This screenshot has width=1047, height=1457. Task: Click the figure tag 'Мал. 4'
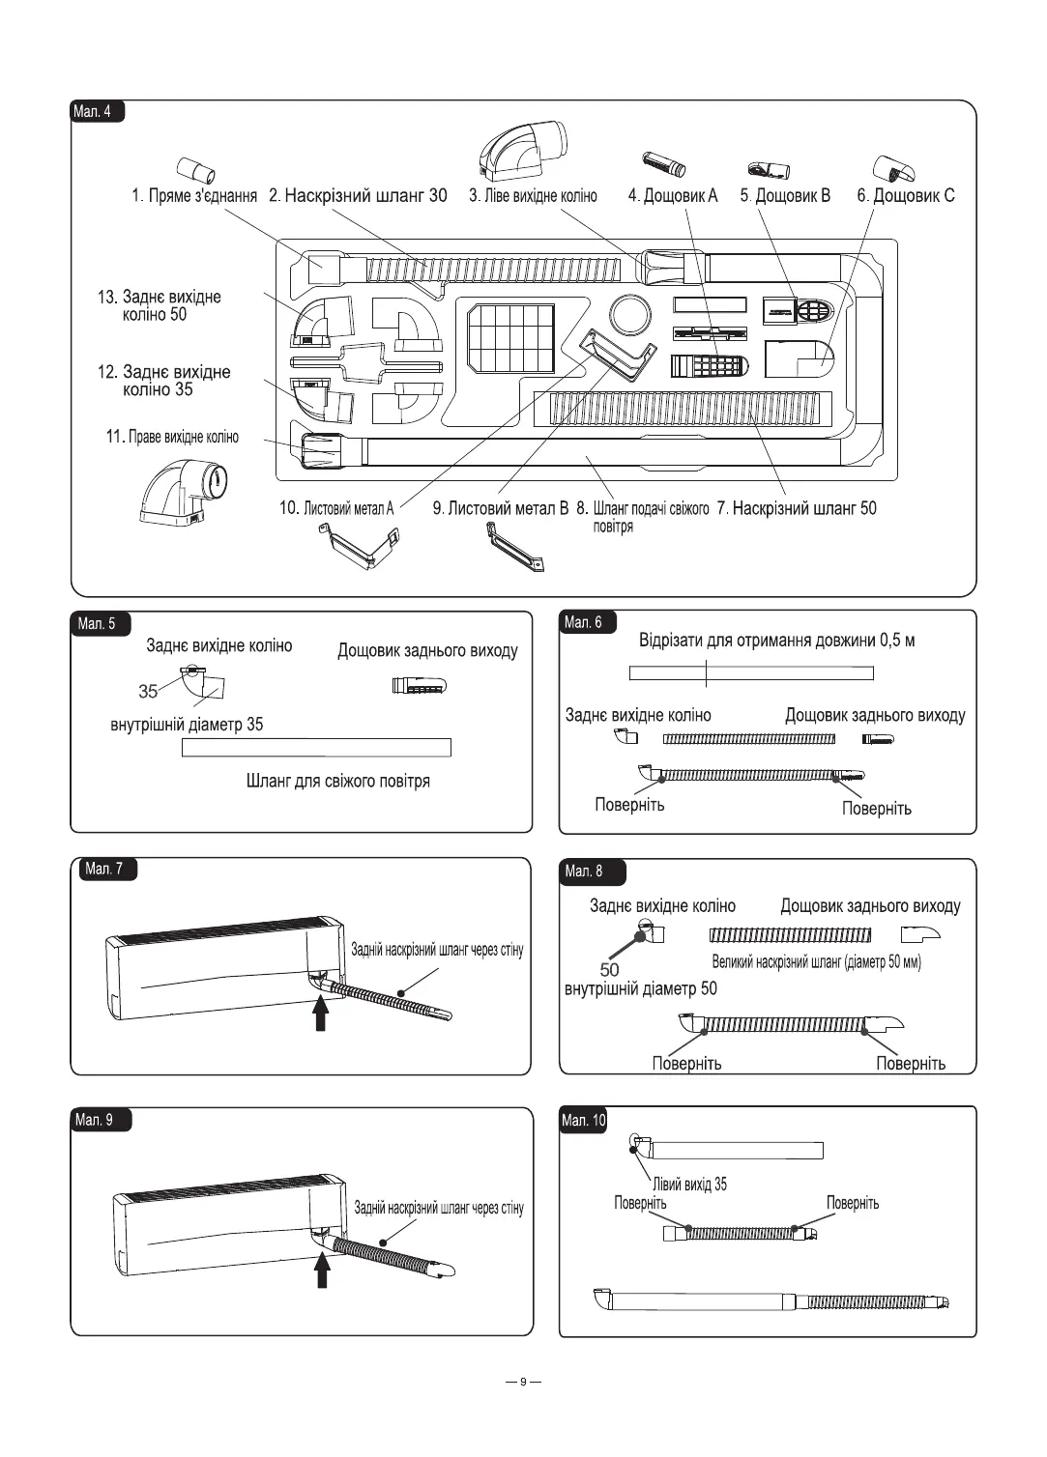click(x=94, y=111)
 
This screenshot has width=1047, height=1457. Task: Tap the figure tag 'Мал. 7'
click(x=104, y=869)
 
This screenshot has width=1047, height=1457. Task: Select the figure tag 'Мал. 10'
click(x=583, y=1120)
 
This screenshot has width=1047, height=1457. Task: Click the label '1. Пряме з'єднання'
click(x=194, y=196)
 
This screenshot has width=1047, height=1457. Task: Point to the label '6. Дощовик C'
click(x=905, y=196)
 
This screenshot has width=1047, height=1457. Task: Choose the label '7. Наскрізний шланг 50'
click(x=797, y=508)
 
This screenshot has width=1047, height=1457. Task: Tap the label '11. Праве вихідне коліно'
click(x=172, y=437)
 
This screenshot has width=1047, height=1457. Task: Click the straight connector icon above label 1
click(x=196, y=170)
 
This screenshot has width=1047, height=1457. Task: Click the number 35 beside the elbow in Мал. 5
click(x=148, y=691)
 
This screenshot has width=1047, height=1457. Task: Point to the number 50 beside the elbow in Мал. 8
click(x=609, y=969)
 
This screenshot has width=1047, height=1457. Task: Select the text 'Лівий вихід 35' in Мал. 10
click(x=690, y=1184)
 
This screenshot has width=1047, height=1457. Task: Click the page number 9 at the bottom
click(x=523, y=1381)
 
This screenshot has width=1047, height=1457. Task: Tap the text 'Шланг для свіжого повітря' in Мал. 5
click(x=338, y=781)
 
